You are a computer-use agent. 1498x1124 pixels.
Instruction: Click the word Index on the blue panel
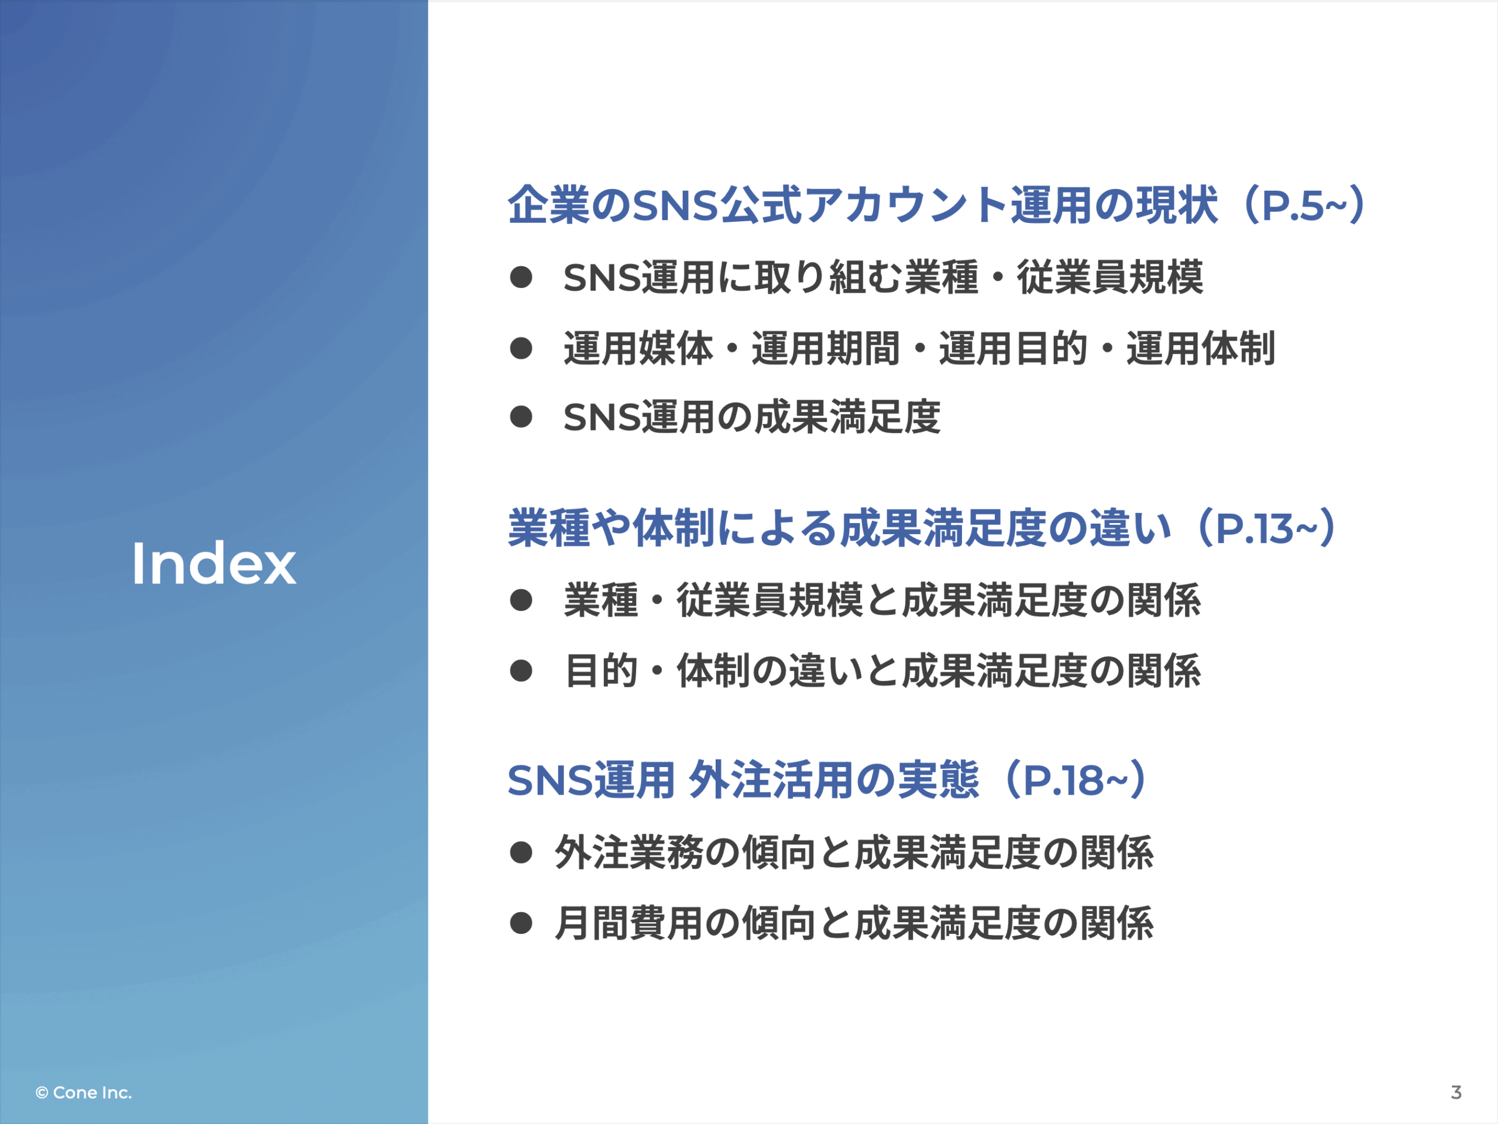pos(214,563)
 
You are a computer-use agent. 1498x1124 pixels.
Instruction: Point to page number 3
pos(1456,1092)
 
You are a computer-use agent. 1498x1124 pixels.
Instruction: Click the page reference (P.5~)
pos(1304,204)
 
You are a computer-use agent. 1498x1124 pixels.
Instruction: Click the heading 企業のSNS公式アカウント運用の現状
pos(863,204)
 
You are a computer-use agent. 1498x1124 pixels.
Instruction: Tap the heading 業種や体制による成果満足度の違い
pos(840,528)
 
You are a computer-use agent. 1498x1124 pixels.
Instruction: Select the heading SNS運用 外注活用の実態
pos(744,780)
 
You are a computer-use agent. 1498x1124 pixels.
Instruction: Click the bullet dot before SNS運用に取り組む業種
pos(521,277)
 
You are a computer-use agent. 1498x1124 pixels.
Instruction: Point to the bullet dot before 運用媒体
pos(521,348)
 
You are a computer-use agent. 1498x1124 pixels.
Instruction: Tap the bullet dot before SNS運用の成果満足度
pos(521,417)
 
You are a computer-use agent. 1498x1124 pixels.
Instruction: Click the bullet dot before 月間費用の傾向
pos(521,923)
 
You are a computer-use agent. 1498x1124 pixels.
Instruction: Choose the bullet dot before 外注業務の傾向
pos(521,852)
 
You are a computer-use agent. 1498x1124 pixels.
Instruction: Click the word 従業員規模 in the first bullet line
pos(1110,277)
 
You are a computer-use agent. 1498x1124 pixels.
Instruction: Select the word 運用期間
pos(826,348)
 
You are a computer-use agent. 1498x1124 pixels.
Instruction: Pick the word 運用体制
pos(1201,348)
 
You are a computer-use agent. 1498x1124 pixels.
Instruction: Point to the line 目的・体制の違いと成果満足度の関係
pos(882,671)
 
